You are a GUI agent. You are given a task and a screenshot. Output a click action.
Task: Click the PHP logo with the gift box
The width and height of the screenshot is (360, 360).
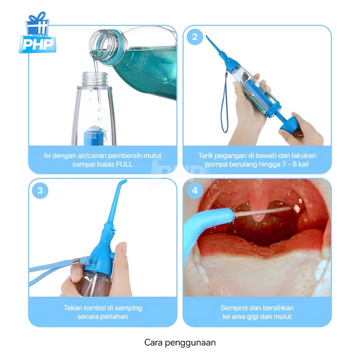pyautogui.click(x=37, y=33)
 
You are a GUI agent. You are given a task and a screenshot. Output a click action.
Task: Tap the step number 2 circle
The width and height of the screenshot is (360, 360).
pyautogui.click(x=195, y=37)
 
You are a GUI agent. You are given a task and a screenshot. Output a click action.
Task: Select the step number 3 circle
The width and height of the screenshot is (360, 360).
pyautogui.click(x=40, y=190)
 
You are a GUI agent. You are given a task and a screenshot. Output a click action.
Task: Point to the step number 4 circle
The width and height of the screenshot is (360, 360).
pyautogui.click(x=195, y=190)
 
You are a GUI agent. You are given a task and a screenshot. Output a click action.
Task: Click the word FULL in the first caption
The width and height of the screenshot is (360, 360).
pyautogui.click(x=124, y=165)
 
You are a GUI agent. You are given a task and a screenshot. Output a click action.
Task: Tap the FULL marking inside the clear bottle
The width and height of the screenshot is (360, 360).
pyautogui.click(x=91, y=136)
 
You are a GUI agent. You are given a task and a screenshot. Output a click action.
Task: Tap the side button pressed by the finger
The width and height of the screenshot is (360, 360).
pyautogui.click(x=112, y=256)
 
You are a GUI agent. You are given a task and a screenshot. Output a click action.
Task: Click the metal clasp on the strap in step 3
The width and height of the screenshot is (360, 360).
pyautogui.click(x=76, y=261)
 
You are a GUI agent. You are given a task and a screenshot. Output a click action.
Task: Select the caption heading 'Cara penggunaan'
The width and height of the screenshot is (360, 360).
pyautogui.click(x=180, y=343)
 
